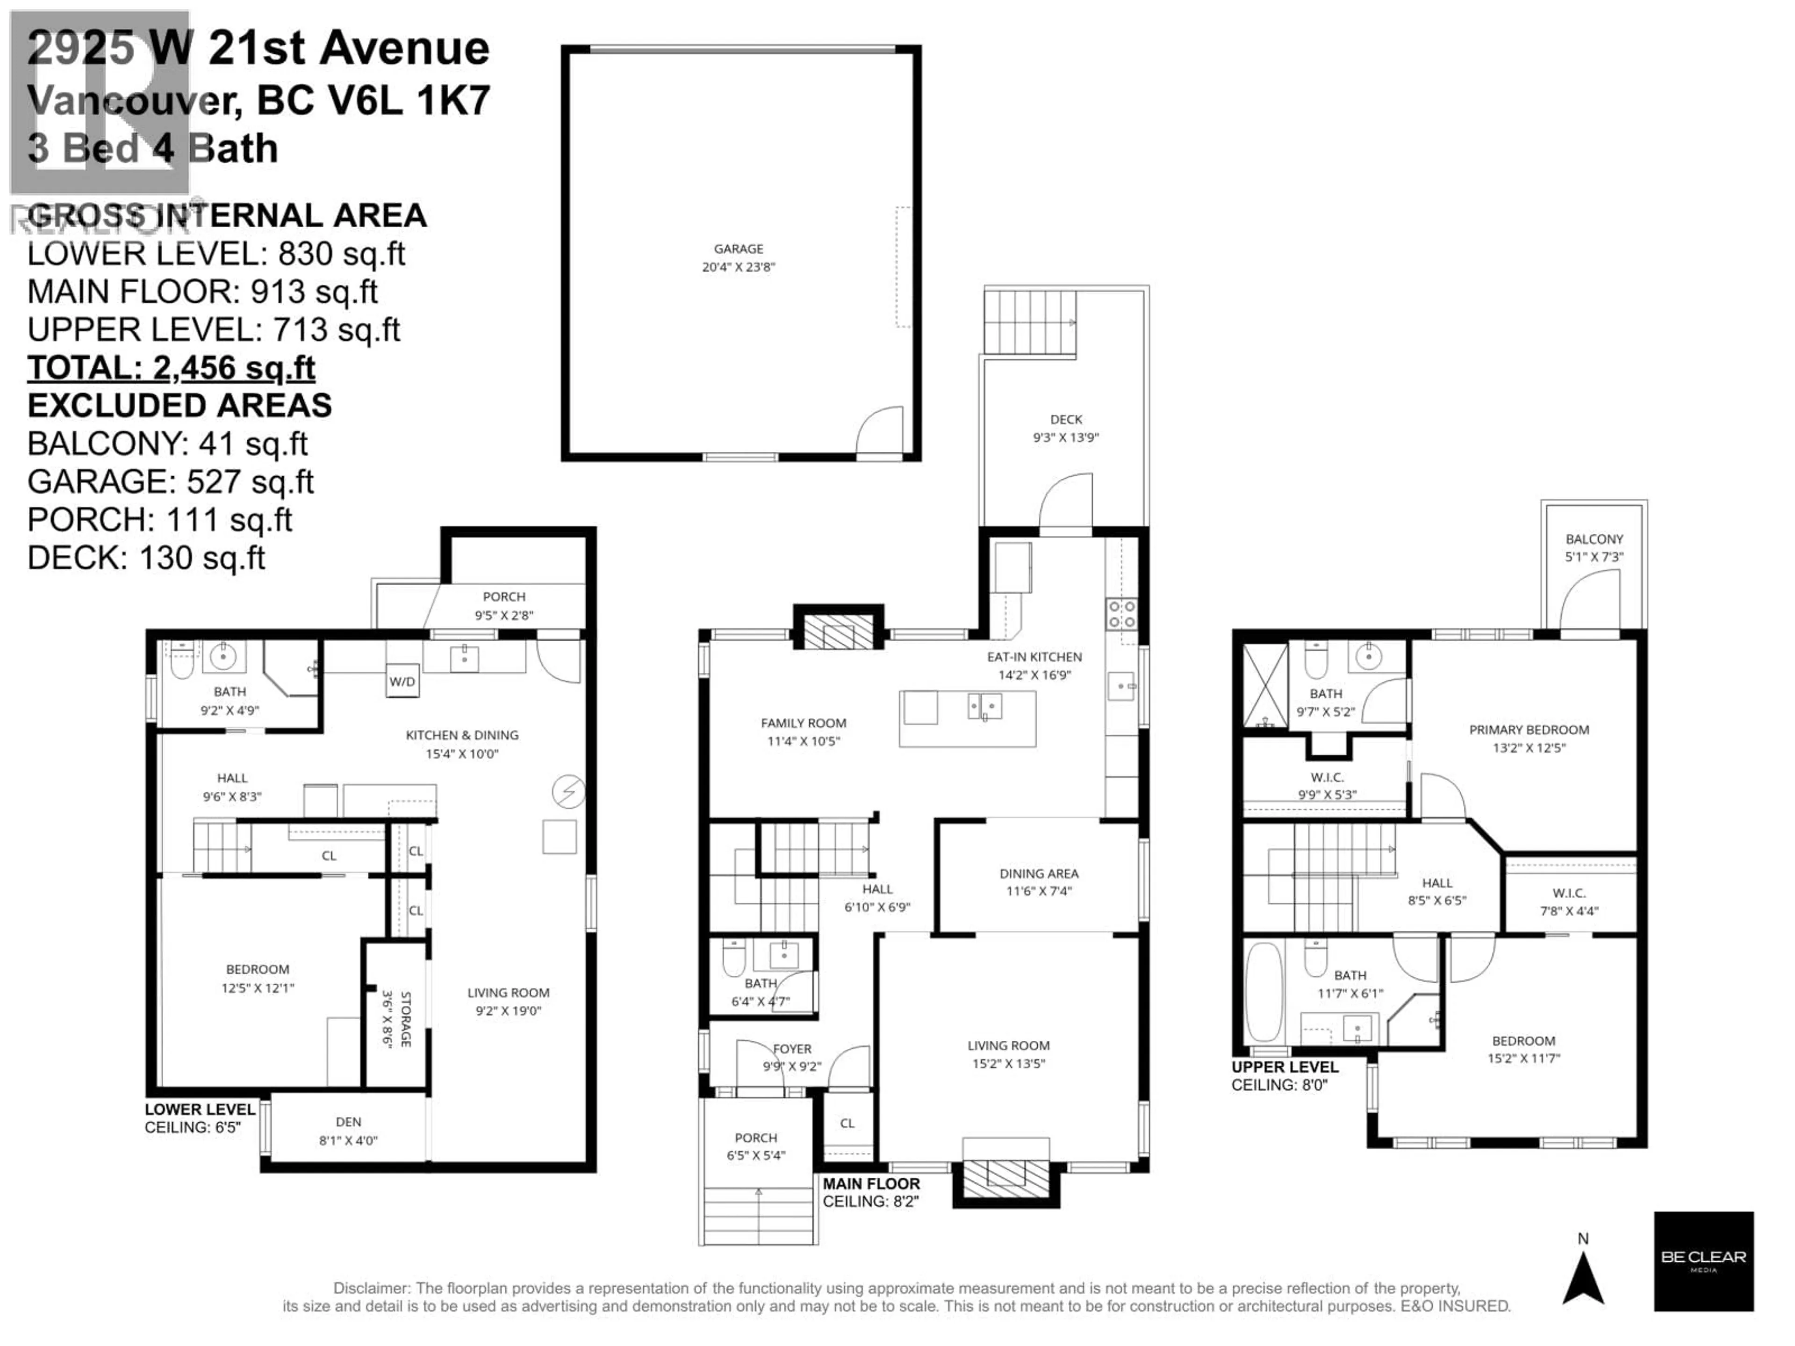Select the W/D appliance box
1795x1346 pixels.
point(402,681)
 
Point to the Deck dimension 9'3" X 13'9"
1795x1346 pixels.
point(1065,437)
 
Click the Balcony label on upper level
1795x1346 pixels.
point(1594,539)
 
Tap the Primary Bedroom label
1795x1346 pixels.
point(1529,730)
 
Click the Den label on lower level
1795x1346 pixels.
point(348,1122)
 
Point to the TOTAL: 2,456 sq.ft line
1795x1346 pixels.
point(171,367)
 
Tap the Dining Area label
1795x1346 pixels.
point(1039,874)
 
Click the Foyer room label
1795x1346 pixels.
point(792,1048)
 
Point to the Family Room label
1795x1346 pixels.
point(804,723)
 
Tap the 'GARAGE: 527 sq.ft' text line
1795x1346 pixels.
point(171,482)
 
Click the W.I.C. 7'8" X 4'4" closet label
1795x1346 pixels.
point(1569,893)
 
